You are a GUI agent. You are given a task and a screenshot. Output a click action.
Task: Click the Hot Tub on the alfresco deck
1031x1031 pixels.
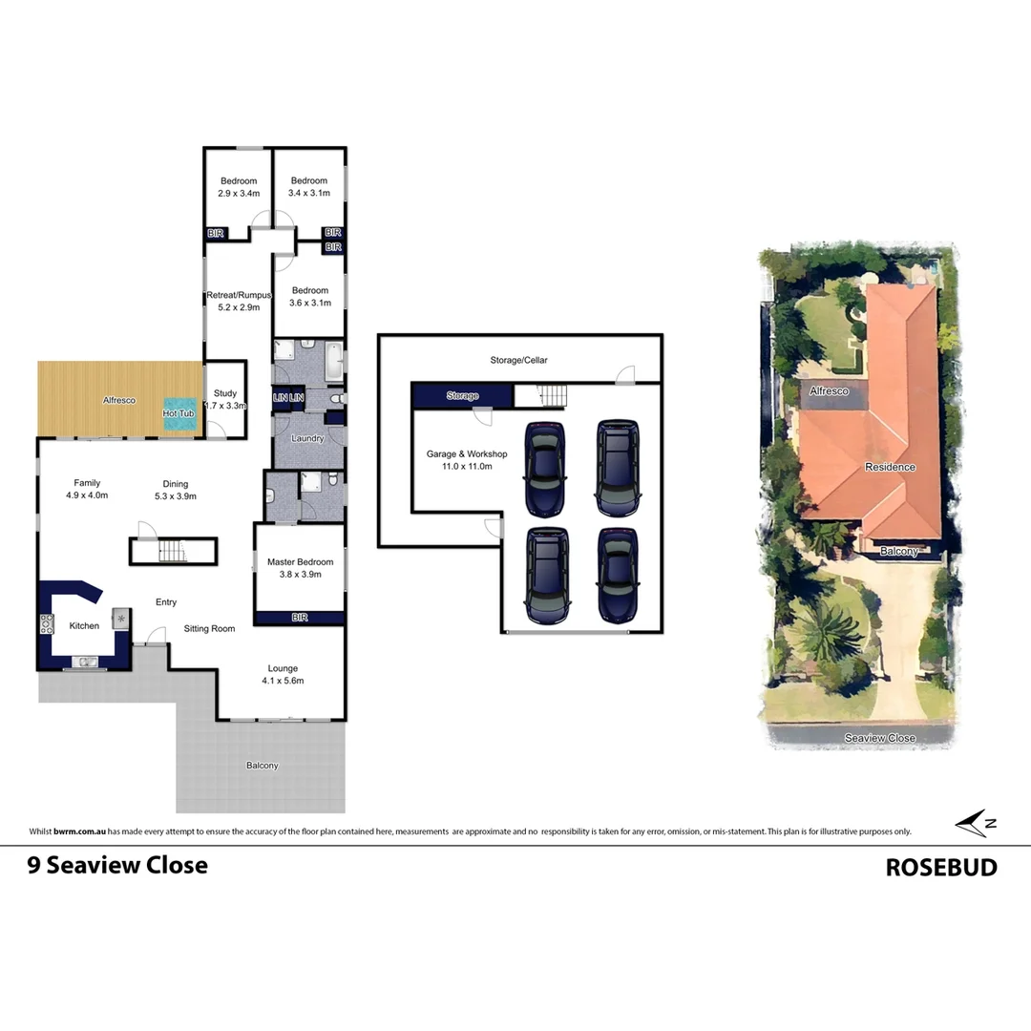point(179,412)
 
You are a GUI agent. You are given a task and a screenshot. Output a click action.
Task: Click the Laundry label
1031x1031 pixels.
point(306,438)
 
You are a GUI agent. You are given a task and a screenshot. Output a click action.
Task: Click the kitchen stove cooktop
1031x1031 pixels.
point(47,624)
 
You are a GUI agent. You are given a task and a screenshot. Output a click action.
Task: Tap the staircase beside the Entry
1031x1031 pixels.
point(173,551)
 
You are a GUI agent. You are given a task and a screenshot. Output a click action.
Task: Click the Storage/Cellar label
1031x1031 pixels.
point(520,360)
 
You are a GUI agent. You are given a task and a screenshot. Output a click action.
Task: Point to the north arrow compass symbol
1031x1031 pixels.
point(976,822)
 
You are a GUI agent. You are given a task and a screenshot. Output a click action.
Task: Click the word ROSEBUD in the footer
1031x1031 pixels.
point(940,867)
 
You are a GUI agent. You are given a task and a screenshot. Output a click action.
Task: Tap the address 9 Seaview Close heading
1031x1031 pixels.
point(117,865)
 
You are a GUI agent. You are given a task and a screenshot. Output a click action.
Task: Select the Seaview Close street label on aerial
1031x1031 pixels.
point(879,738)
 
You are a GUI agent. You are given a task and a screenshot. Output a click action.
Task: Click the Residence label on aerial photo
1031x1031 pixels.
point(890,467)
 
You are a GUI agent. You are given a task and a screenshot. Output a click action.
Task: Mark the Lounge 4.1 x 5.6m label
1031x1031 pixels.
point(283,674)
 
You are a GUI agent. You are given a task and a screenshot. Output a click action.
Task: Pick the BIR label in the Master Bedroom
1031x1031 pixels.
point(298,619)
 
